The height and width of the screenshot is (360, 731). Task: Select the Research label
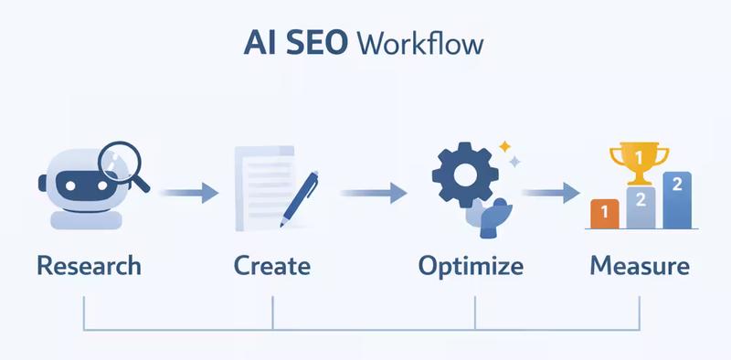[x=90, y=266]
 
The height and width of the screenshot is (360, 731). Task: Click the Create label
[x=272, y=266]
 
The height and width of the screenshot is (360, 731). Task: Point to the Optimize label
[x=471, y=266]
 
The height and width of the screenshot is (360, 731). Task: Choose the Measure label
[x=640, y=266]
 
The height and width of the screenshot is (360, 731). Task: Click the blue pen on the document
[x=300, y=196]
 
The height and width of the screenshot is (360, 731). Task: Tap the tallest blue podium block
[x=677, y=199]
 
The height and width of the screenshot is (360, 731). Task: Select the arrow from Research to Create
[x=188, y=193]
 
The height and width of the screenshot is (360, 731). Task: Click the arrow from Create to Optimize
[x=373, y=193]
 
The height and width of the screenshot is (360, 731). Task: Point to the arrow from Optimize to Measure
[x=551, y=193]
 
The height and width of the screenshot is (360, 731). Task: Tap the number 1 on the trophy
[x=639, y=156]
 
